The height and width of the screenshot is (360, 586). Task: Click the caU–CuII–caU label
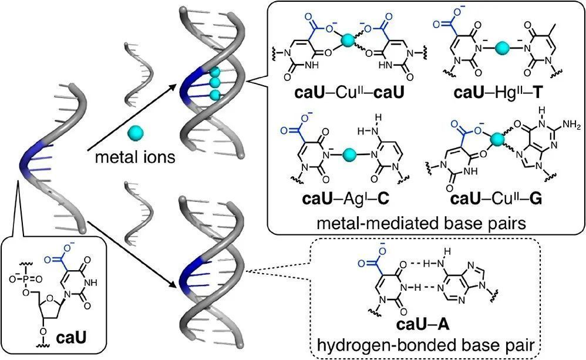(349, 93)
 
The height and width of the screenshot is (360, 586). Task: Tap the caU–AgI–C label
(345, 198)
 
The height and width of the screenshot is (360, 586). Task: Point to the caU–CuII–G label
(496, 198)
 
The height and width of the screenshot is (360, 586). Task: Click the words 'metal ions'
(135, 157)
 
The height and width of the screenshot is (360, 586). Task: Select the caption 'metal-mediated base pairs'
(421, 224)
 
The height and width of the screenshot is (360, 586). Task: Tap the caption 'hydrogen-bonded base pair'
(426, 345)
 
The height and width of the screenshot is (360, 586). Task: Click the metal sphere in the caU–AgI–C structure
(349, 154)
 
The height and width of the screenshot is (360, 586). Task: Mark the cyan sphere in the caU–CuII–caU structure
(348, 39)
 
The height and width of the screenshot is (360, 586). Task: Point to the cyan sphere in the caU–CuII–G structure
(497, 139)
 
